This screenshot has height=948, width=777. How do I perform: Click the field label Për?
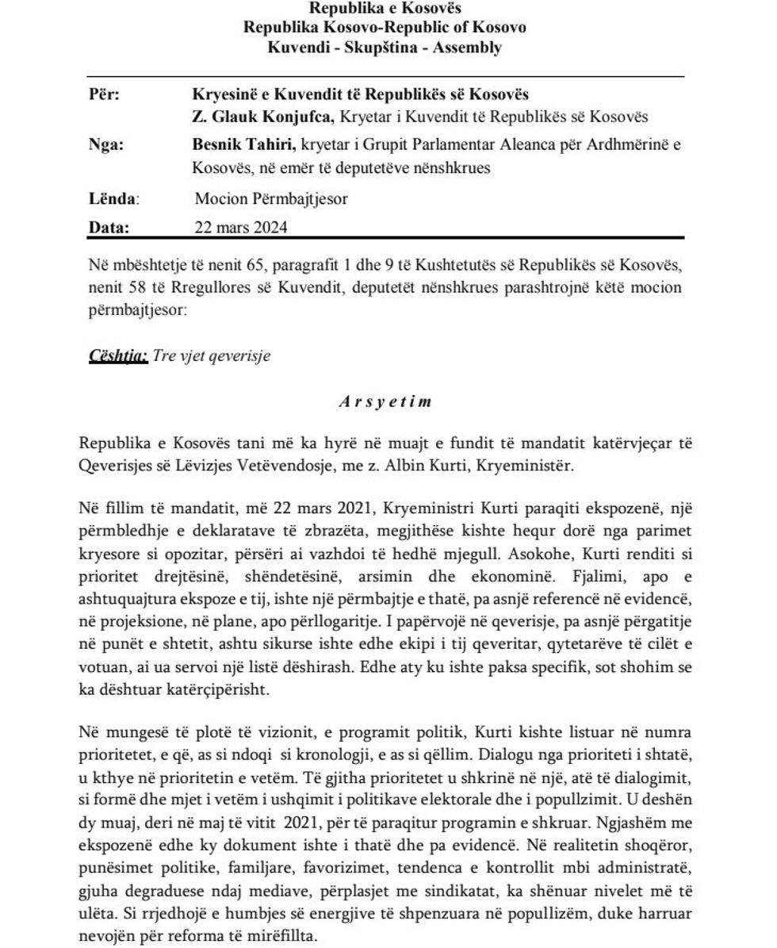coord(104,95)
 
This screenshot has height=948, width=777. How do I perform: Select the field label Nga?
coord(105,145)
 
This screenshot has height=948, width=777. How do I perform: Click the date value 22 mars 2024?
coord(240,227)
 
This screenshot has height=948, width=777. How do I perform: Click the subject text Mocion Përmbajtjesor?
coord(271,198)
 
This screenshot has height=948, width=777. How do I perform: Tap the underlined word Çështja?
coord(117,355)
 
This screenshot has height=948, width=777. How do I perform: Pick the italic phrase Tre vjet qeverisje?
coord(212,355)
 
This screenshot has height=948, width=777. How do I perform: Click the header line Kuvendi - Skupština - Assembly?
coord(385,47)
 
